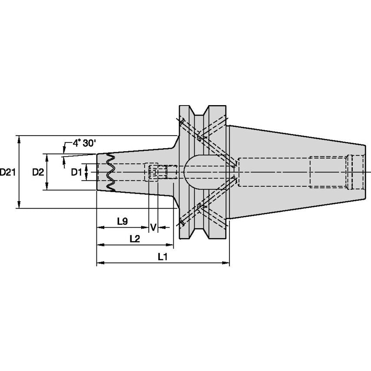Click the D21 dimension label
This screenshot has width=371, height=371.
[x=8, y=172]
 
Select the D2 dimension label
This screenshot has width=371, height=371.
[x=38, y=172]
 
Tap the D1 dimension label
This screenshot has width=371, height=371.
[x=76, y=172]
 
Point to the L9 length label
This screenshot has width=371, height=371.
[x=122, y=221]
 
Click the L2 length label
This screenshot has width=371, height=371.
[x=134, y=238]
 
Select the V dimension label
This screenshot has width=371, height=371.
[x=153, y=227]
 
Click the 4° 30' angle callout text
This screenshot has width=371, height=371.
[x=85, y=143]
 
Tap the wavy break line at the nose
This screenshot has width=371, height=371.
[x=110, y=172]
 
